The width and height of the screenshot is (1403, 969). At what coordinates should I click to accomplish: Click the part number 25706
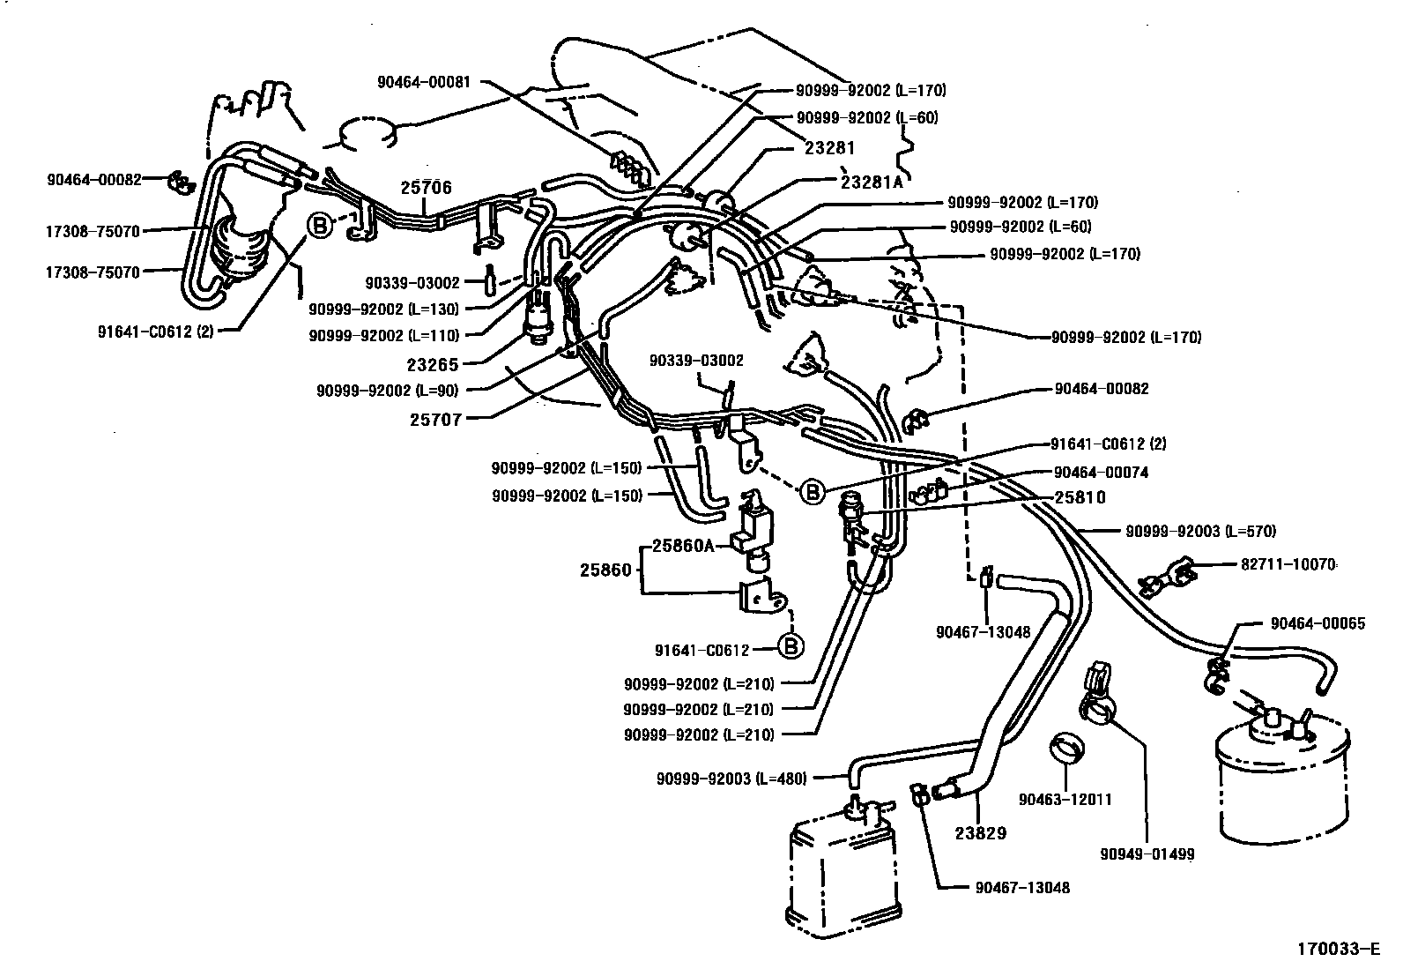click(426, 188)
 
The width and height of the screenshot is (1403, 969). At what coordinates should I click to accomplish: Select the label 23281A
click(872, 182)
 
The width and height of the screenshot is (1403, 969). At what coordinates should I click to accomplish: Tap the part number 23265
click(433, 364)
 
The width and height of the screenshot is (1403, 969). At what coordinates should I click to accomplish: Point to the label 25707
click(436, 420)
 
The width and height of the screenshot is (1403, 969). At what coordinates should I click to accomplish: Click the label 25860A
click(683, 546)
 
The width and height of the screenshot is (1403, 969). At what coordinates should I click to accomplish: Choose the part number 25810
click(1080, 497)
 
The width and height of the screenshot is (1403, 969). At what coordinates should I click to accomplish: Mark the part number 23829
click(981, 833)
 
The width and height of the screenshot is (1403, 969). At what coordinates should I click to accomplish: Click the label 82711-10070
click(1288, 564)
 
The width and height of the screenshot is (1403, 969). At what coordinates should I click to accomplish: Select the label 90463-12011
click(1065, 799)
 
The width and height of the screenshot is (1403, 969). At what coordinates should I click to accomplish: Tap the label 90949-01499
click(1147, 853)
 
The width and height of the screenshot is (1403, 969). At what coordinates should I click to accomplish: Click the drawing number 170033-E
click(1338, 949)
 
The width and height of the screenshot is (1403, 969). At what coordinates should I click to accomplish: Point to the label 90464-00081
click(424, 82)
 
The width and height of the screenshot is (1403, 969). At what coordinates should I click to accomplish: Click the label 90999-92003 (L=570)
click(1200, 531)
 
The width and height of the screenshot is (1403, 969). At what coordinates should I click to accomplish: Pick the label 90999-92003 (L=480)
click(731, 778)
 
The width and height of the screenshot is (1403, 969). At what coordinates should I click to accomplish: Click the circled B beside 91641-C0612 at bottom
click(791, 646)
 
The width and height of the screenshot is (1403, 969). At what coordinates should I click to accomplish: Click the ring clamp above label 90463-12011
click(1067, 748)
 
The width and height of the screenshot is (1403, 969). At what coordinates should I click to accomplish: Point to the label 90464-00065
click(1318, 623)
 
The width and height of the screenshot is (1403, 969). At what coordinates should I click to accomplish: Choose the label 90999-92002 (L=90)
click(388, 391)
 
